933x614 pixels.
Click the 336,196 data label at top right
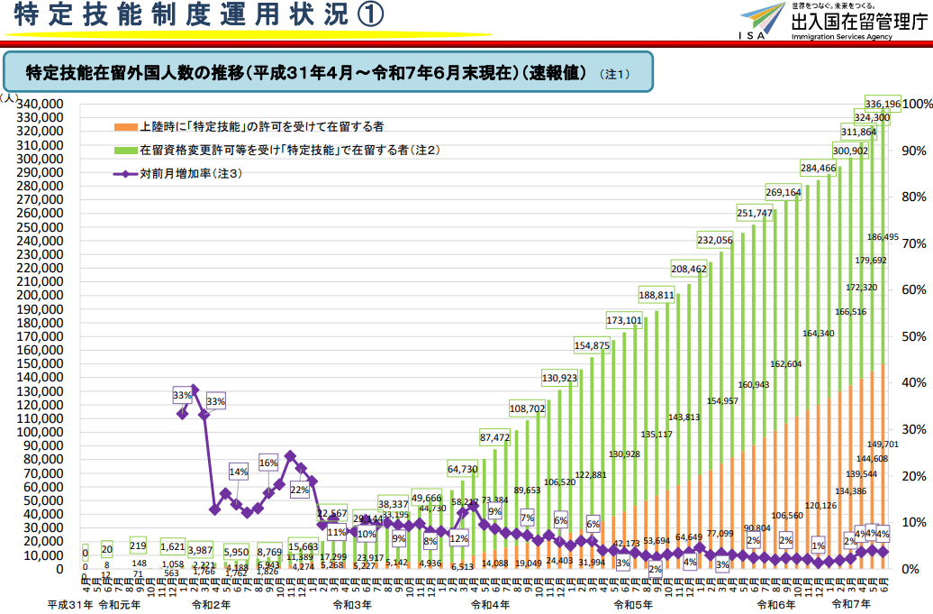pyautogui.click(x=882, y=104)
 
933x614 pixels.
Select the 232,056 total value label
pyautogui.click(x=714, y=240)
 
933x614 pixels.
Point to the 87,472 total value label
pyautogui.click(x=495, y=437)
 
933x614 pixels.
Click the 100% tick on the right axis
pyautogui.click(x=917, y=104)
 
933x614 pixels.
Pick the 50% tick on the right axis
pyautogui.click(x=913, y=336)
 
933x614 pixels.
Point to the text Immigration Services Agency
pyautogui.click(x=842, y=37)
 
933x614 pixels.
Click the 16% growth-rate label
pyautogui.click(x=268, y=463)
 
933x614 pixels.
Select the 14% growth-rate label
pyautogui.click(x=239, y=472)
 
